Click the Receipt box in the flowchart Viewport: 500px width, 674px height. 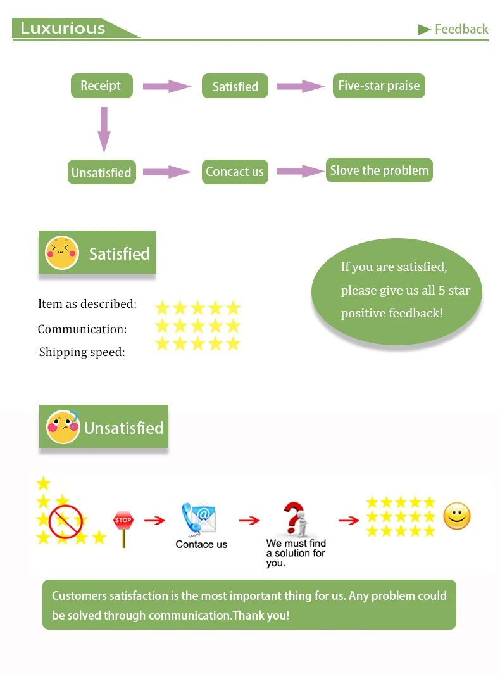[101, 86]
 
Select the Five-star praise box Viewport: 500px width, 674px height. [378, 86]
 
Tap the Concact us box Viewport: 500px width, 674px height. [235, 172]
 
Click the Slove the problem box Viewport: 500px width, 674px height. [379, 170]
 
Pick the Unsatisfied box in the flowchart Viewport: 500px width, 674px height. [101, 172]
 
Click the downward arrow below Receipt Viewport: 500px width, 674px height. [104, 129]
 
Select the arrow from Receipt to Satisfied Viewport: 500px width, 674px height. [166, 86]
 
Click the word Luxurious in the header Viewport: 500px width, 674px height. [63, 29]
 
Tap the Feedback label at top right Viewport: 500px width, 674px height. [461, 29]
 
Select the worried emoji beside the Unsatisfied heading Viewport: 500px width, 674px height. [63, 427]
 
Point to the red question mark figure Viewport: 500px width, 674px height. [294, 518]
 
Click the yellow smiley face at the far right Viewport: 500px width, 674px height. [457, 516]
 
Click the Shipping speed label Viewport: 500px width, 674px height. [82, 352]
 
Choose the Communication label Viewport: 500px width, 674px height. [82, 329]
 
